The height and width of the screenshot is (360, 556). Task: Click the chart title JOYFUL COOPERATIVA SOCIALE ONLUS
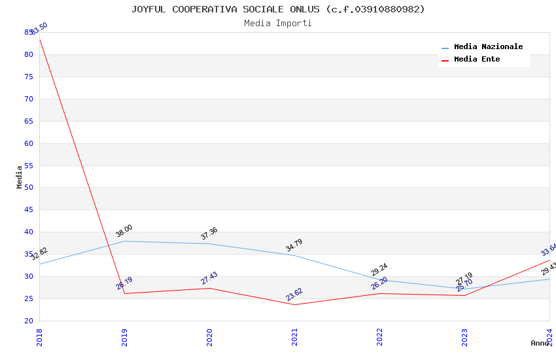(278, 9)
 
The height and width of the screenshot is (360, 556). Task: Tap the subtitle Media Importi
(278, 24)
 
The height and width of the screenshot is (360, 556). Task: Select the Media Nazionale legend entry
(488, 47)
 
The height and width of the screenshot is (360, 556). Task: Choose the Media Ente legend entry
(477, 60)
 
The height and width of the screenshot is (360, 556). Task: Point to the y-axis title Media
(20, 177)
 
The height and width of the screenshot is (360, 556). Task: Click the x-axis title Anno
(540, 343)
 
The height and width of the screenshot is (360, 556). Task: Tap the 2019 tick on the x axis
(124, 336)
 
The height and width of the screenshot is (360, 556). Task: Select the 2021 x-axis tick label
(294, 336)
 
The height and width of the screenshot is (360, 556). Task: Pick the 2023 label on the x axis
(464, 336)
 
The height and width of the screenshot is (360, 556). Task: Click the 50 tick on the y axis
(29, 188)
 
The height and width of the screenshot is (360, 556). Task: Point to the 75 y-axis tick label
(29, 77)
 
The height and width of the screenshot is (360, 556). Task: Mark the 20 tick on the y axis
(29, 321)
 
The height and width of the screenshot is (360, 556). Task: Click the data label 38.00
(124, 231)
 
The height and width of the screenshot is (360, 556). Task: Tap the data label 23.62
(294, 295)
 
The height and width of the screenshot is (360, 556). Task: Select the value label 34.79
(294, 245)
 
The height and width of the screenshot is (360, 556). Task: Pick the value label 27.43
(209, 278)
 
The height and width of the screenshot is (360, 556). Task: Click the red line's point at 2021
(294, 304)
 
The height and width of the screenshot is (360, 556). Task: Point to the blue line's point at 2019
(124, 241)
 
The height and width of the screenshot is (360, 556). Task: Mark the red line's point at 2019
(124, 293)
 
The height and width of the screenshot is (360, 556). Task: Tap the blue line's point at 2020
(209, 243)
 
